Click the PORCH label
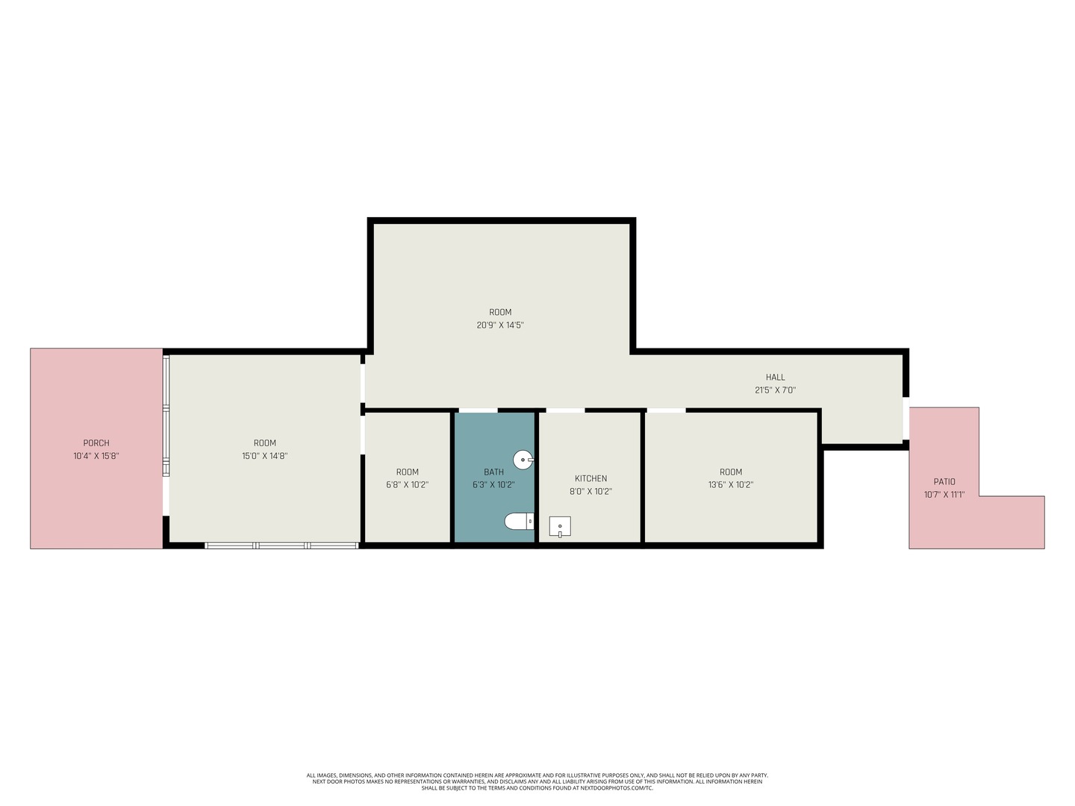[96, 443]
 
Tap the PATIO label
[944, 481]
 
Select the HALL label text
[776, 378]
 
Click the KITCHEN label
[591, 478]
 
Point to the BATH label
[493, 472]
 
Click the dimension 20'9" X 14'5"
[500, 325]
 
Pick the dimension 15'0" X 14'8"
[264, 456]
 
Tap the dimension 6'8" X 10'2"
[407, 485]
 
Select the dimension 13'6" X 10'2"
[731, 485]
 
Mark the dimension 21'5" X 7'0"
[776, 390]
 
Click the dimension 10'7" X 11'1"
[944, 494]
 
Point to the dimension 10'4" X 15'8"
[96, 456]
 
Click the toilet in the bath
[519, 521]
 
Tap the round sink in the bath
[523, 460]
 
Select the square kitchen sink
[560, 527]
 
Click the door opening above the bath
[478, 410]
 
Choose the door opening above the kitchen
[565, 410]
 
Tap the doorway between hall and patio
[906, 419]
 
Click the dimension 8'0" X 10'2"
[591, 491]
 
